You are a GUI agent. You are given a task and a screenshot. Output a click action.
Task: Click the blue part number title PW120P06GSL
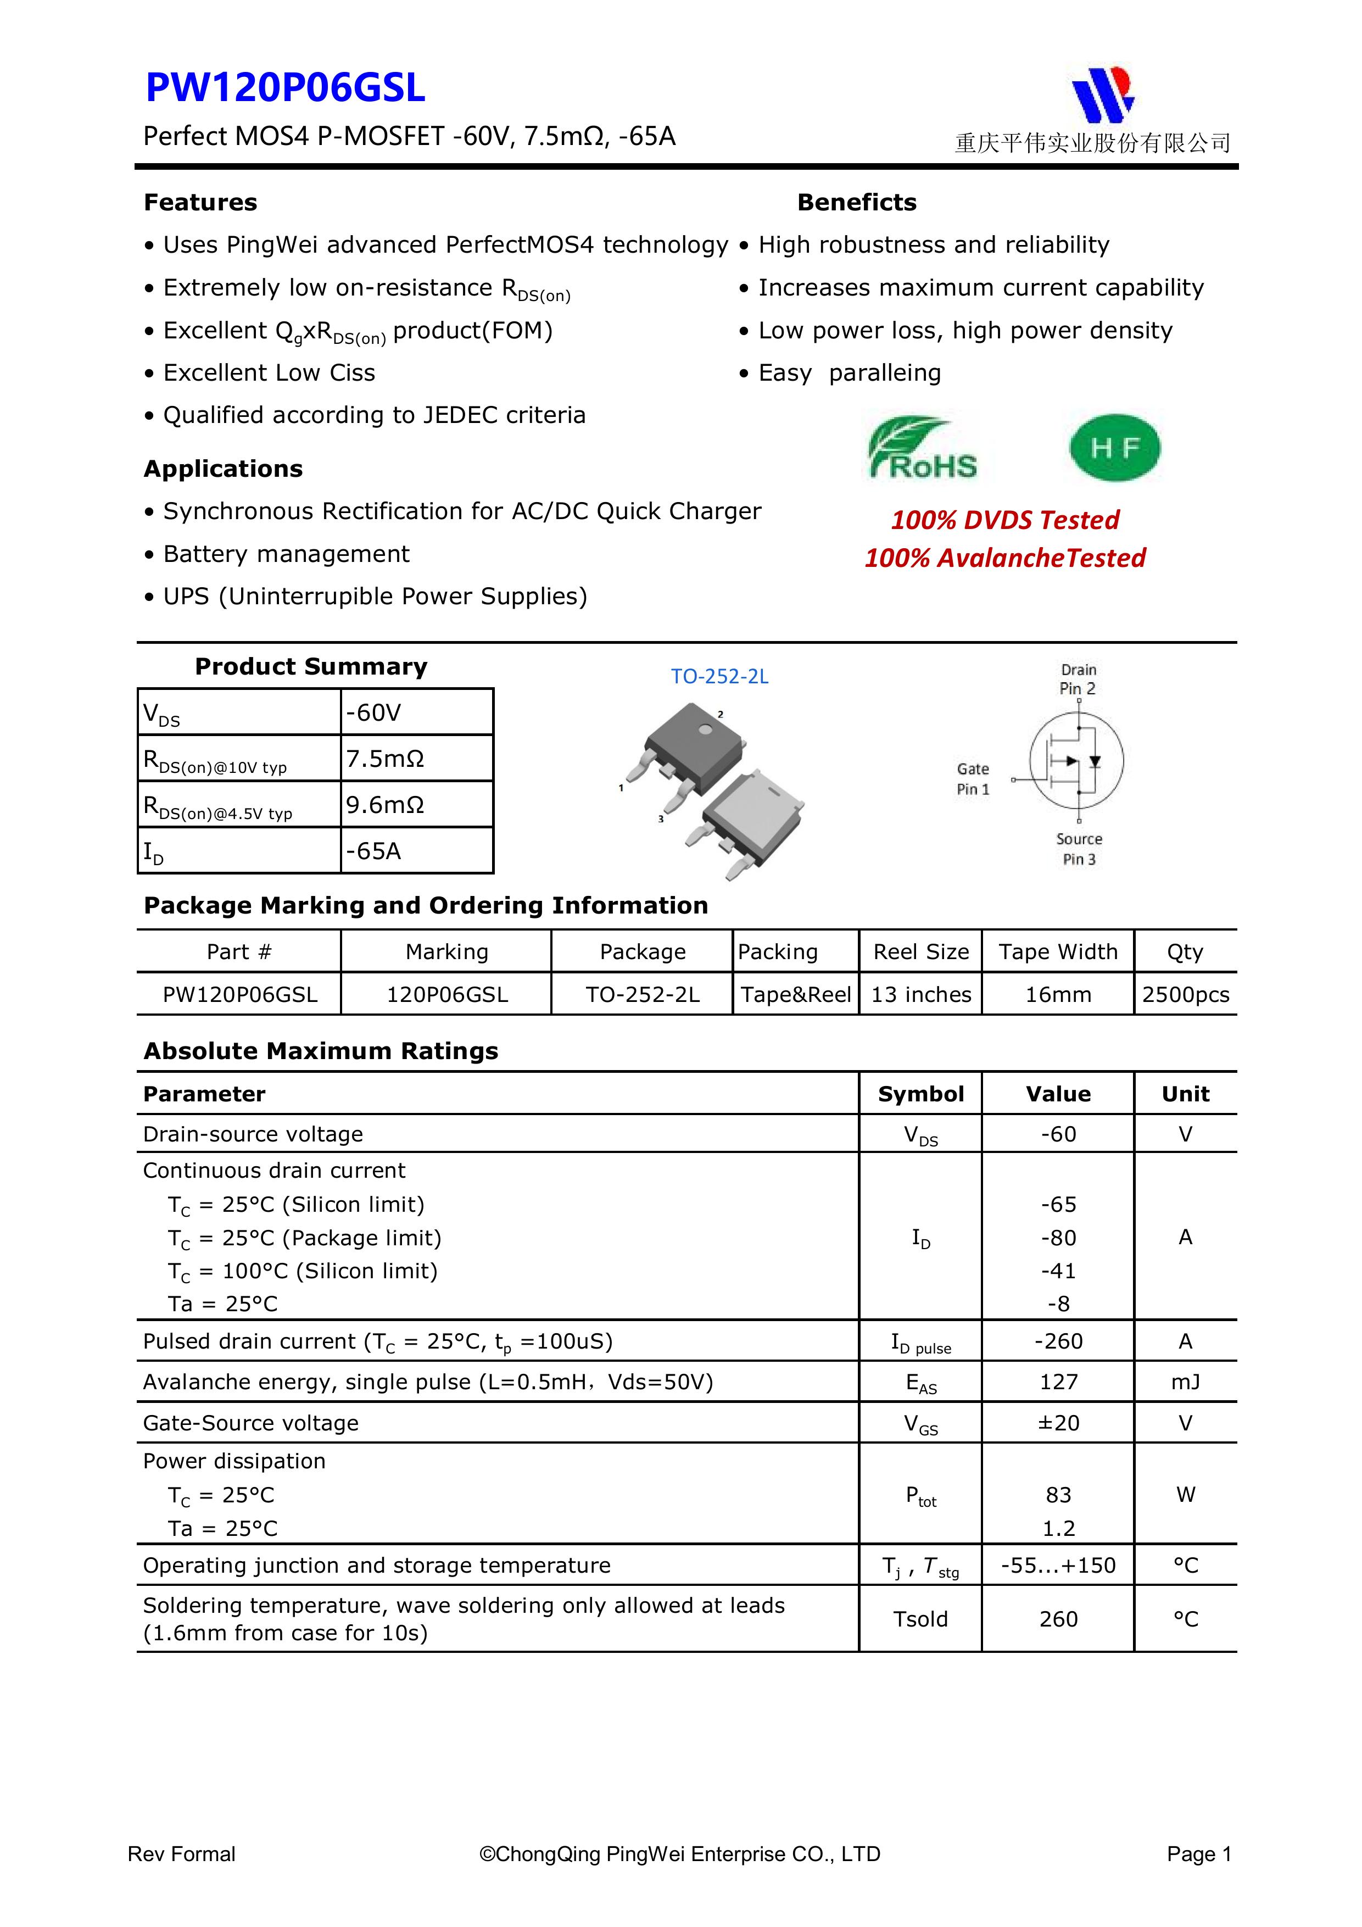pyautogui.click(x=286, y=88)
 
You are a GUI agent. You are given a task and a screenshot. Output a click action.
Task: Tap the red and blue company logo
pyautogui.click(x=1103, y=94)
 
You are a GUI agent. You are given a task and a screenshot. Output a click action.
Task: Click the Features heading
pyautogui.click(x=200, y=202)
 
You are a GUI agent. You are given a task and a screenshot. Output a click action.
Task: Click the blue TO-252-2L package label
pyautogui.click(x=719, y=676)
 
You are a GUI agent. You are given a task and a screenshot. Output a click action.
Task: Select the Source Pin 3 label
pyautogui.click(x=1079, y=849)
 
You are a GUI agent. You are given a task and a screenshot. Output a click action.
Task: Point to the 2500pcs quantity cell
pyautogui.click(x=1185, y=995)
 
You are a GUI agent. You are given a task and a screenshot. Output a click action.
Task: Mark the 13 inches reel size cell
pyautogui.click(x=920, y=995)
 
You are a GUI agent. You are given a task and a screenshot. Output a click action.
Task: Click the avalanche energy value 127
pyautogui.click(x=1058, y=1382)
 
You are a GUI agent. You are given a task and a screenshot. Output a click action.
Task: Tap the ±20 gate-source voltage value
pyautogui.click(x=1058, y=1423)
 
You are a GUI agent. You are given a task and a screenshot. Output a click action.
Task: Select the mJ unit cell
pyautogui.click(x=1185, y=1382)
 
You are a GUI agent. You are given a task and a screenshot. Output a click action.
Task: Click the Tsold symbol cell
pyautogui.click(x=920, y=1618)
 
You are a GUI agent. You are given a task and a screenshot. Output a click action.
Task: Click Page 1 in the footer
pyautogui.click(x=1198, y=1854)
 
